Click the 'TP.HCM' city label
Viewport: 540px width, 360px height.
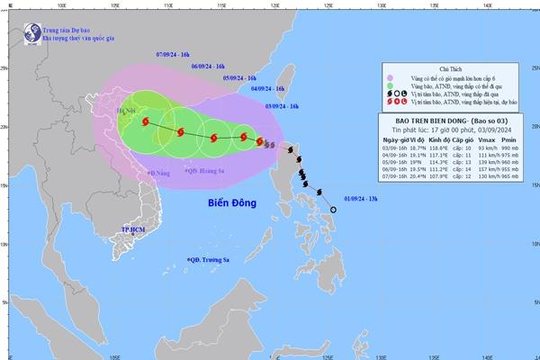pyautogui.click(x=133, y=231)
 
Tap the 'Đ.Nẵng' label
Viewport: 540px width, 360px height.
pyautogui.click(x=158, y=172)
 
